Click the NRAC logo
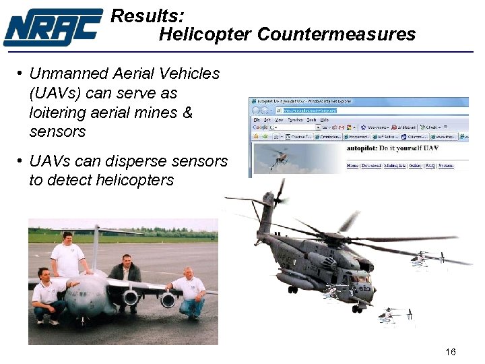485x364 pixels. click(53, 27)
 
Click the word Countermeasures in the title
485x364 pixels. click(336, 34)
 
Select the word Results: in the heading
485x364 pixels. click(147, 16)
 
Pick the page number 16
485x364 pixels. click(451, 352)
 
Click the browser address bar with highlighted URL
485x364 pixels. click(310, 110)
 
